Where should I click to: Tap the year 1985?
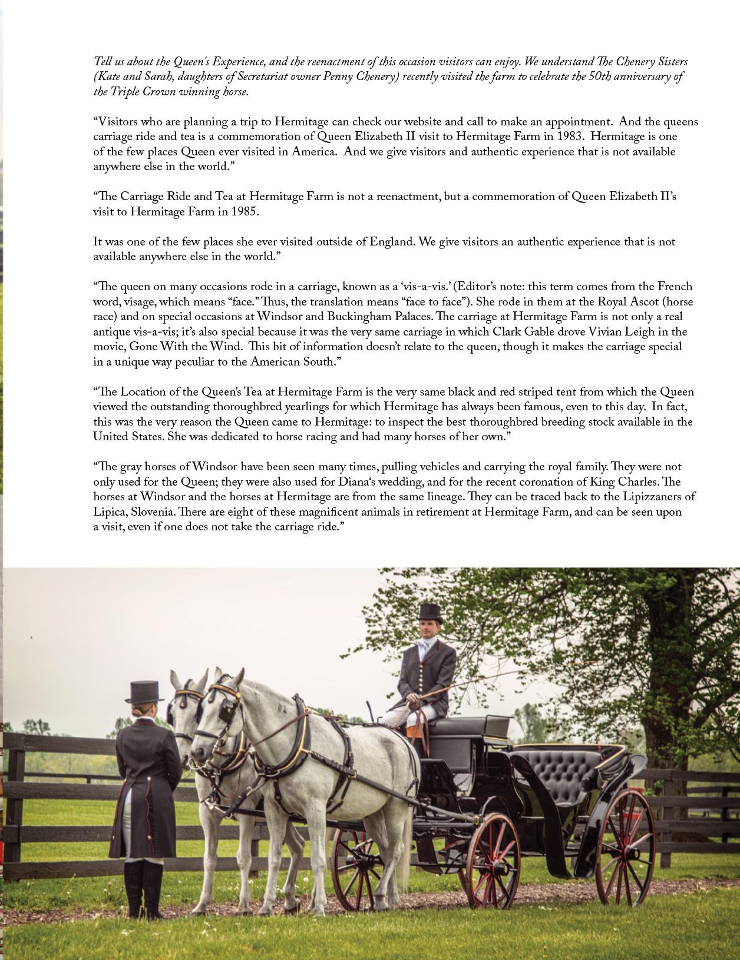tap(242, 211)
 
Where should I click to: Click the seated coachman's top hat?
tap(430, 612)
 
